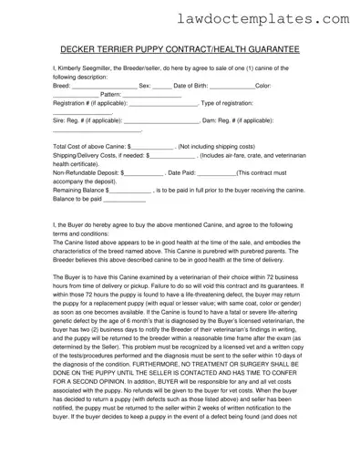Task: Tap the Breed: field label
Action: click(67, 85)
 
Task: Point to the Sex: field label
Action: click(145, 85)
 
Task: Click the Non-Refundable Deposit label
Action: click(89, 173)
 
